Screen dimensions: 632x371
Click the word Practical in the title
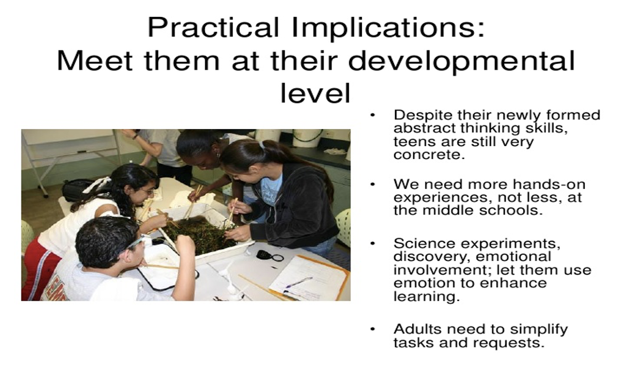[213, 27]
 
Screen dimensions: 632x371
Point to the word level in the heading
[315, 93]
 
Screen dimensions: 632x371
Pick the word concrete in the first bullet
[429, 154]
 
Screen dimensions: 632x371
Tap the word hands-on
[549, 184]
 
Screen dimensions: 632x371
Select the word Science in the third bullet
[424, 243]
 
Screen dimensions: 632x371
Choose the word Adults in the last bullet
[417, 329]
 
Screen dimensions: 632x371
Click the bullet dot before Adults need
[373, 329]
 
